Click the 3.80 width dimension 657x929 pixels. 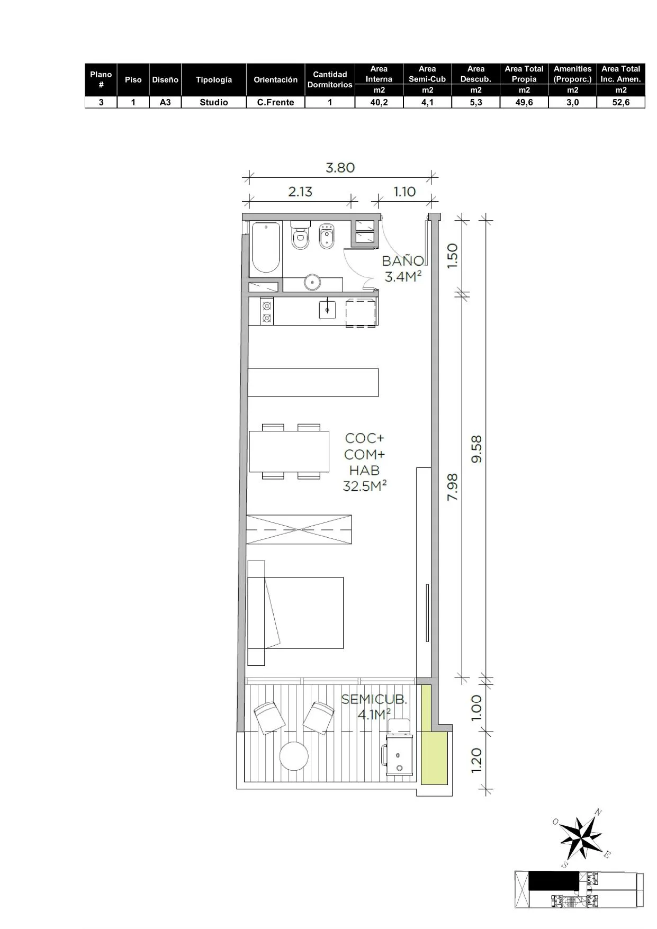tap(340, 168)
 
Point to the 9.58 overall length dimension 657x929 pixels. tap(476, 449)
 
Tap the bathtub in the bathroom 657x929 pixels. tap(265, 248)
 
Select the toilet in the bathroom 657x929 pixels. tap(300, 235)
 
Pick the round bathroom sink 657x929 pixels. tap(313, 282)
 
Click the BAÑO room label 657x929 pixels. tap(403, 260)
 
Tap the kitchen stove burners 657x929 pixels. tap(267, 311)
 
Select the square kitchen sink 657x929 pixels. tap(327, 309)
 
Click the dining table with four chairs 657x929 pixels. tap(289, 451)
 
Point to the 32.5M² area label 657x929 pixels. tap(365, 485)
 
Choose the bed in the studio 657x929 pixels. tap(295, 612)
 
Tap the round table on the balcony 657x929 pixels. tap(294, 756)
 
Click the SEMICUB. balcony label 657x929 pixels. tap(374, 699)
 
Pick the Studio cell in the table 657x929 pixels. tap(214, 102)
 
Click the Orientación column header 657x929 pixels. tap(275, 79)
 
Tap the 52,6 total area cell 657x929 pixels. tap(621, 102)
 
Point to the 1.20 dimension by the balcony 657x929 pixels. tap(476, 760)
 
